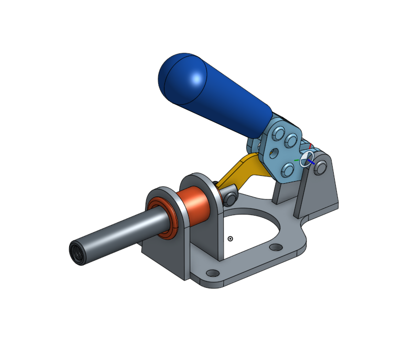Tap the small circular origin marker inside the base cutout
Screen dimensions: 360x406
230,239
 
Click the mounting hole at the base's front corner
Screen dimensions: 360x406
212,273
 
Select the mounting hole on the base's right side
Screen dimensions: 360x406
276,247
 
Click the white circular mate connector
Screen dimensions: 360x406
307,159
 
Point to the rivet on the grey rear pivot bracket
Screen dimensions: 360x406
321,167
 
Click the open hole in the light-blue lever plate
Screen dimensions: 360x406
273,153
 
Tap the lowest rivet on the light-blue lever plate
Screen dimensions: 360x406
287,170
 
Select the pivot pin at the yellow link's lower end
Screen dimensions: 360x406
229,198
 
